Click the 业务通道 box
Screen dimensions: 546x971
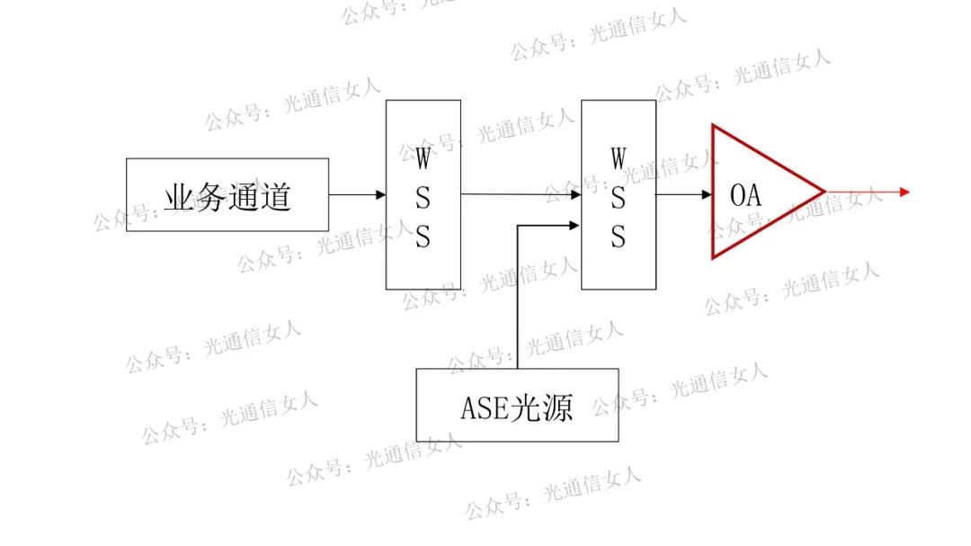coord(227,195)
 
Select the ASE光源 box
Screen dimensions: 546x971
coord(517,405)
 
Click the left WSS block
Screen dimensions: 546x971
coord(423,194)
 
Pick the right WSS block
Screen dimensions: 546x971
coord(619,194)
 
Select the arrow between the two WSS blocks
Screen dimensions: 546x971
coord(521,194)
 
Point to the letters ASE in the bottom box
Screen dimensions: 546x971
coord(485,407)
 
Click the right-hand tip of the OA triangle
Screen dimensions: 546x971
coord(822,191)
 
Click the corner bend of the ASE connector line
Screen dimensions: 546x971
coord(519,225)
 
